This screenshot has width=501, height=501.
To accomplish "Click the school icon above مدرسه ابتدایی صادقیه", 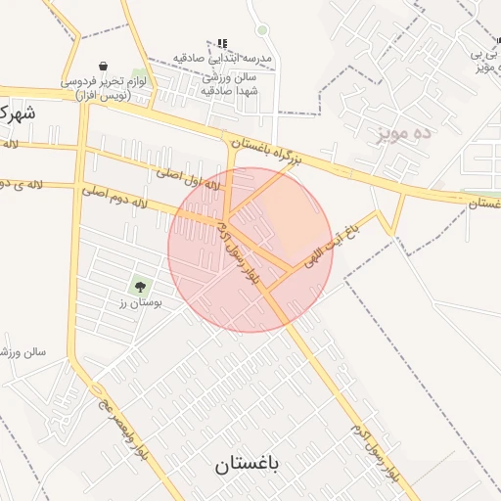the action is [222, 43].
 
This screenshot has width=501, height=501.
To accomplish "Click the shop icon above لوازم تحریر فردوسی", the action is [104, 67].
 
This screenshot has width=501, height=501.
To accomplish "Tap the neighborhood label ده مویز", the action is [403, 132].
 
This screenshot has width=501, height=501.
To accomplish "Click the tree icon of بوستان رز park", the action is [139, 287].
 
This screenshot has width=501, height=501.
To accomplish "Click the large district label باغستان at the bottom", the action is [248, 465].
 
